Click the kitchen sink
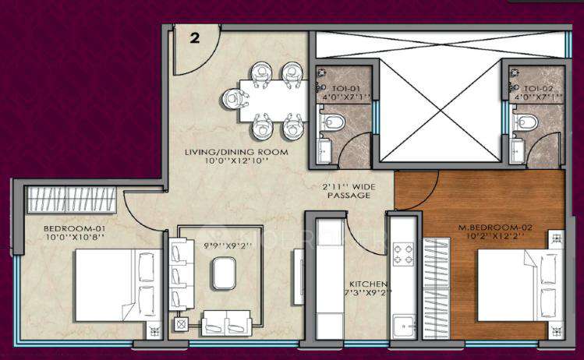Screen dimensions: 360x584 click(x=403, y=325)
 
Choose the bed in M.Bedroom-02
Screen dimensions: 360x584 click(x=515, y=285)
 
